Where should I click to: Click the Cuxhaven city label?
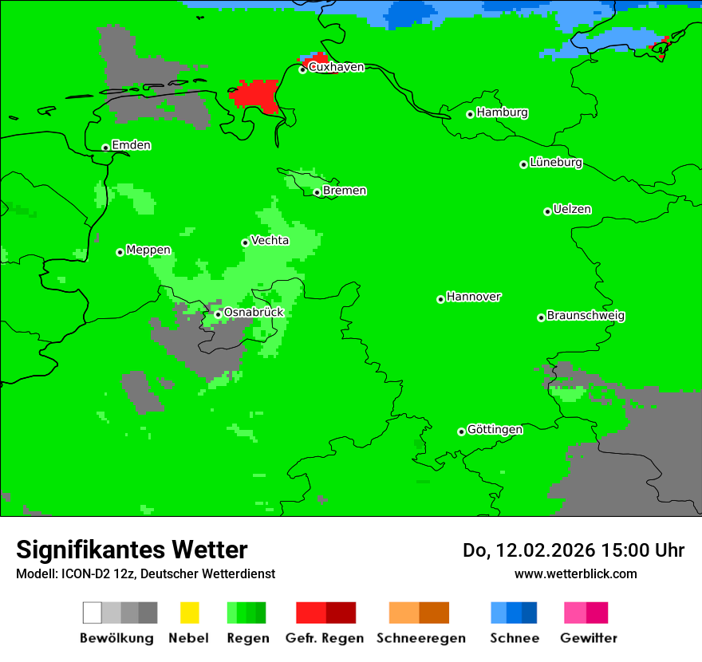point(336,67)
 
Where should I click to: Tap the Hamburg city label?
point(502,112)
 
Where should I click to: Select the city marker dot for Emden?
point(105,148)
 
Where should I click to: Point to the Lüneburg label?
point(556,162)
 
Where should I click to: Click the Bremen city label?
point(345,191)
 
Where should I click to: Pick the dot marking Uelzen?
point(547,211)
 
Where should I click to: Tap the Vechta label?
point(270,240)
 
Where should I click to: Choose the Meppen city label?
point(148,250)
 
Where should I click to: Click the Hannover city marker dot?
point(440,299)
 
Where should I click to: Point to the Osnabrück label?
point(253,312)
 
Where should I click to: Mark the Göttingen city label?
point(495,429)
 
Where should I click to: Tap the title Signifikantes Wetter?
point(132,550)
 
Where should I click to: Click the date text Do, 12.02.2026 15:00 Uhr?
point(574,550)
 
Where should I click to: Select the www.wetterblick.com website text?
point(575,573)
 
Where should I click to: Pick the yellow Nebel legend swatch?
point(189,613)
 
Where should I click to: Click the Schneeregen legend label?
point(420,638)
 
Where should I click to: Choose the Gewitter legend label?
point(588,638)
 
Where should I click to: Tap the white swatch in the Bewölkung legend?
point(92,613)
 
